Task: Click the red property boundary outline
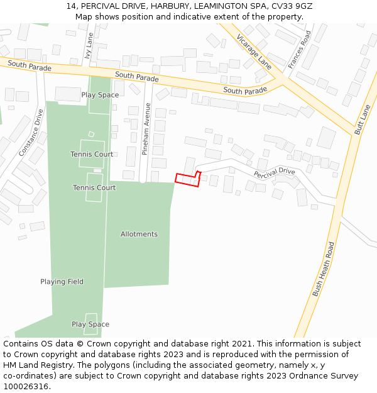[187, 180]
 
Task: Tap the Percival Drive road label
[275, 172]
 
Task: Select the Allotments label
[139, 234]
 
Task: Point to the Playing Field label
[62, 282]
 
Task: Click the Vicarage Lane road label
[254, 52]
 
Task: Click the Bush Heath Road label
[324, 269]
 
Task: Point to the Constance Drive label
[31, 133]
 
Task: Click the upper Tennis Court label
[92, 154]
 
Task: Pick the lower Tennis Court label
[94, 187]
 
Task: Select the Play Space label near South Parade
[100, 95]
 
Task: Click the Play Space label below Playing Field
[90, 324]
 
